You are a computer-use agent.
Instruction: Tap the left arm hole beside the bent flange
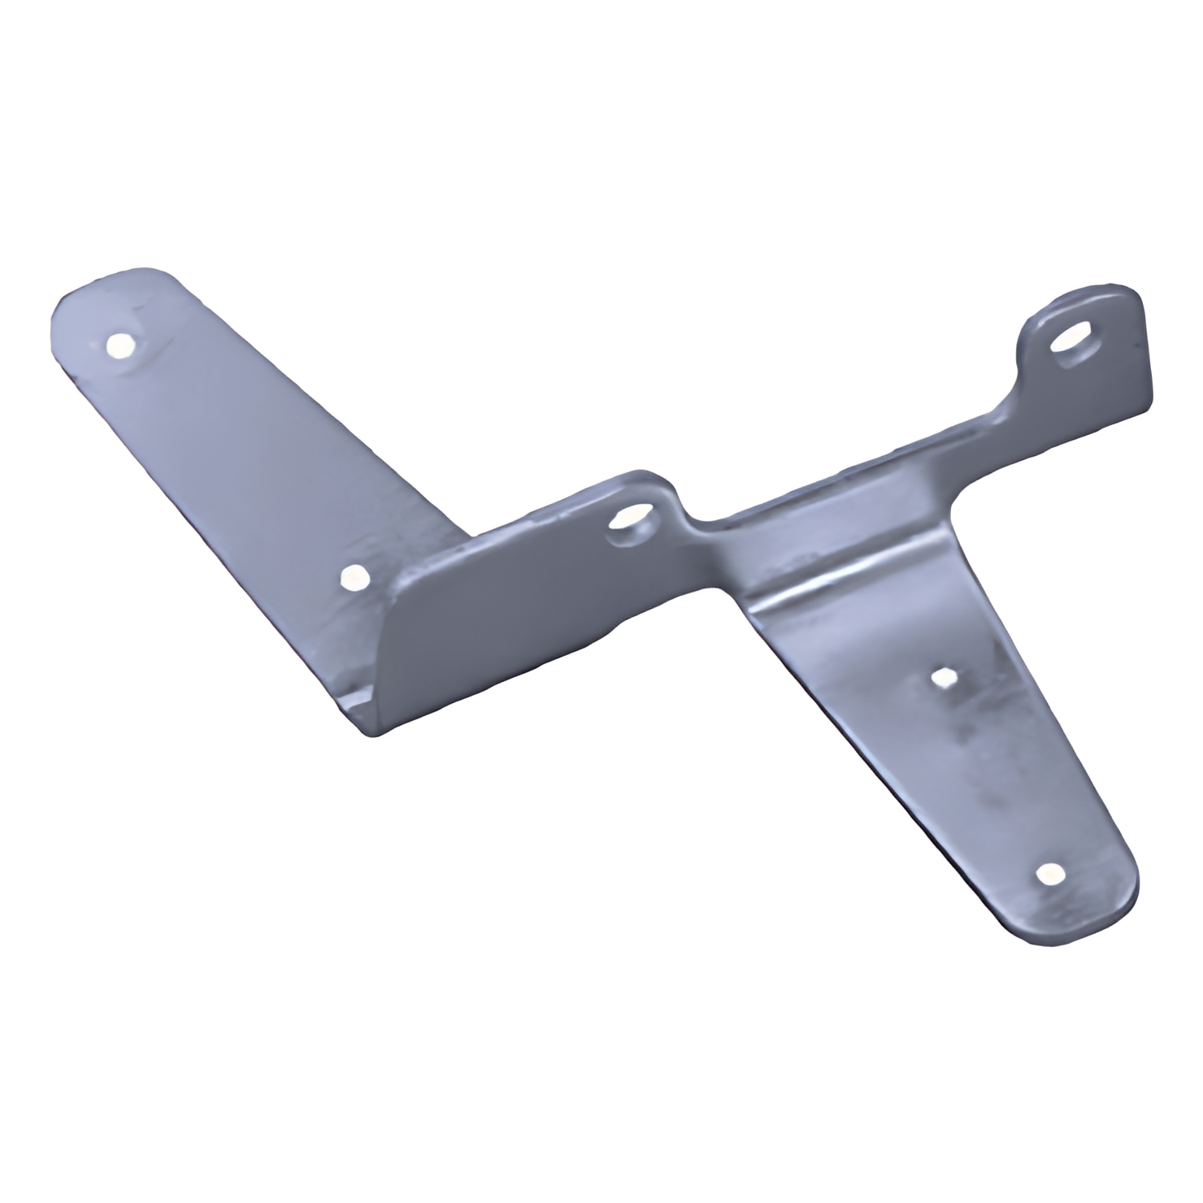tap(352, 578)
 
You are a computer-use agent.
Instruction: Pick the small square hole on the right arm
tap(944, 677)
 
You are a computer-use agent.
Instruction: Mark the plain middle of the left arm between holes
tap(244, 463)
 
